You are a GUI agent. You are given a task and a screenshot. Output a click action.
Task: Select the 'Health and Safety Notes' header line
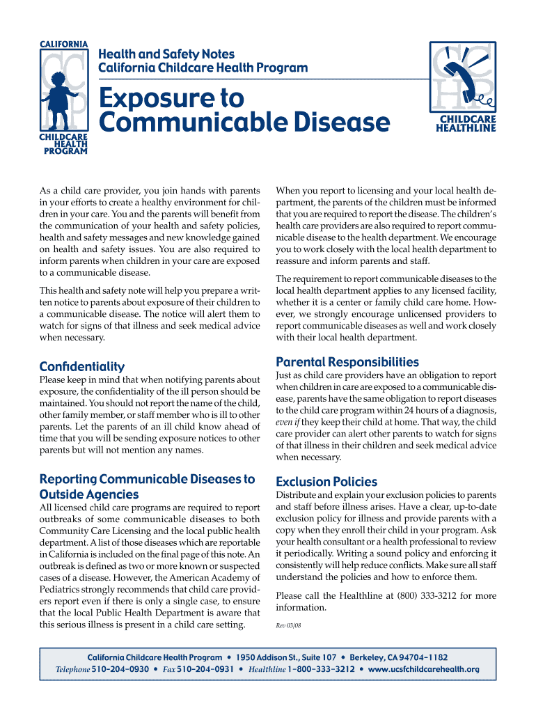click(166, 54)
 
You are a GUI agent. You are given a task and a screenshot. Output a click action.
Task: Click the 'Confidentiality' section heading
click(82, 366)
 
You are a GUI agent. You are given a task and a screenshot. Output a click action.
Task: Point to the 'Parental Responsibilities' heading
click(347, 362)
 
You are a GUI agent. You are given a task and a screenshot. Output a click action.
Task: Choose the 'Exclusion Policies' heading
click(326, 482)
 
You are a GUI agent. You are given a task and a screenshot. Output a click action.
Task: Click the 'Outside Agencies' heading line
click(89, 494)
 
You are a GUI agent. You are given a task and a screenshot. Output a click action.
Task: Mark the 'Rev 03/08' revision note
click(289, 626)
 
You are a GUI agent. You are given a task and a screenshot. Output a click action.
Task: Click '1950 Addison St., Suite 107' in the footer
click(285, 657)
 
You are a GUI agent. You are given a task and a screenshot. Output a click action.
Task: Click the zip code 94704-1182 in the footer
click(418, 657)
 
